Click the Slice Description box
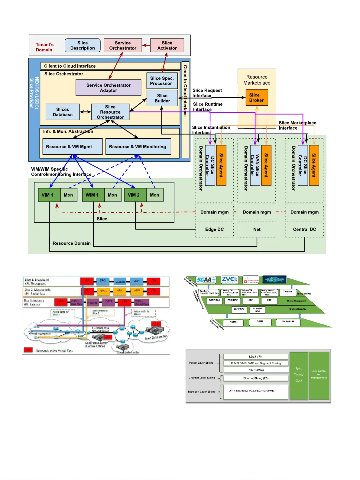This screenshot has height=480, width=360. pyautogui.click(x=83, y=45)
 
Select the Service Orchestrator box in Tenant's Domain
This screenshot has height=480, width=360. pyautogui.click(x=123, y=45)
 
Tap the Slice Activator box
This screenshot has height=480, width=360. pyautogui.click(x=167, y=45)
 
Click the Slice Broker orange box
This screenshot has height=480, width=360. pyautogui.click(x=256, y=98)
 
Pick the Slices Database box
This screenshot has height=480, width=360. pyautogui.click(x=63, y=112)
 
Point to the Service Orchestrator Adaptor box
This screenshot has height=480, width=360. pyautogui.click(x=108, y=88)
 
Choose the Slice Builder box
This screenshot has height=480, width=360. pyautogui.click(x=162, y=98)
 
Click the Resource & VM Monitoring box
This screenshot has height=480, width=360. pyautogui.click(x=138, y=147)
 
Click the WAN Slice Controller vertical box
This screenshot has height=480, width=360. pyautogui.click(x=255, y=165)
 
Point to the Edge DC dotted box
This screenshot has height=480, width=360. pyautogui.click(x=214, y=229)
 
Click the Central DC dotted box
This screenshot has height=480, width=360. pyautogui.click(x=304, y=229)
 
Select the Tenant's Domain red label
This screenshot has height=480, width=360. pyautogui.click(x=44, y=47)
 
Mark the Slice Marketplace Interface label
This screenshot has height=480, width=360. pyautogui.click(x=297, y=125)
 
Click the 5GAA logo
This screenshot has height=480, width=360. pyautogui.click(x=206, y=280)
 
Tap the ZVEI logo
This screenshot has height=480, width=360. pyautogui.click(x=229, y=280)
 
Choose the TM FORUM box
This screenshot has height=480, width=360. pyautogui.click(x=288, y=322)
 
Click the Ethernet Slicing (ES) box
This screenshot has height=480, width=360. pyautogui.click(x=256, y=378)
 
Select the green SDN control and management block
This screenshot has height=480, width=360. pyautogui.click(x=319, y=375)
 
